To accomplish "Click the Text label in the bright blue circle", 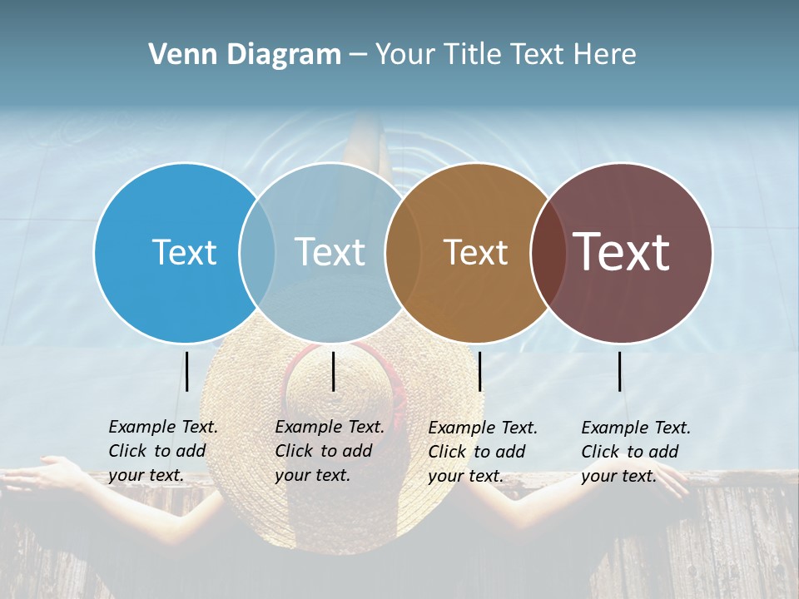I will pyautogui.click(x=184, y=252).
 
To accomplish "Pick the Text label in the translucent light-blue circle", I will pyautogui.click(x=330, y=252).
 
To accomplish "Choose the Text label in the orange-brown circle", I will pyautogui.click(x=475, y=252).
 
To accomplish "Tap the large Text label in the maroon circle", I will pyautogui.click(x=622, y=252).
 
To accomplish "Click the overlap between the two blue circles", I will pyautogui.click(x=257, y=253).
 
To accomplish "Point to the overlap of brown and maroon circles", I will pyautogui.click(x=548, y=253).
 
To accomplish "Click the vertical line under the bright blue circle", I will pyautogui.click(x=187, y=371).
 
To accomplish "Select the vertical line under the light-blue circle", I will pyautogui.click(x=333, y=371).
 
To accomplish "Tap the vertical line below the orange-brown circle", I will pyautogui.click(x=480, y=371).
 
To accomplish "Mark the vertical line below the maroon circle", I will pyautogui.click(x=620, y=371).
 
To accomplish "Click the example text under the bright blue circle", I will pyautogui.click(x=162, y=451).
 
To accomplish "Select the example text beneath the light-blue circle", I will pyautogui.click(x=329, y=451).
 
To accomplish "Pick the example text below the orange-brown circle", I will pyautogui.click(x=482, y=452).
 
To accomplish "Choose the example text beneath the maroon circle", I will pyautogui.click(x=635, y=452).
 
